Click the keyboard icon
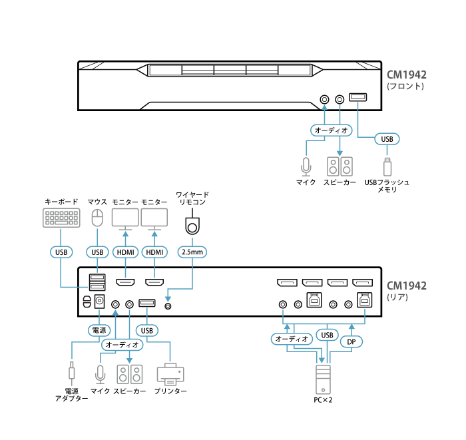click(61, 218)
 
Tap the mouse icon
click(97, 218)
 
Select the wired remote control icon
click(192, 226)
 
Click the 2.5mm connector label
click(192, 252)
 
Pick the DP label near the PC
click(351, 341)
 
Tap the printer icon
click(171, 375)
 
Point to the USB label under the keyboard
click(61, 252)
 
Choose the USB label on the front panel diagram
click(387, 139)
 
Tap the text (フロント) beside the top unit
click(405, 87)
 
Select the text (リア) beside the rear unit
click(397, 298)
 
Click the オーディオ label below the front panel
click(332, 130)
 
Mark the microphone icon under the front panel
click(306, 164)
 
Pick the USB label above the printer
click(147, 330)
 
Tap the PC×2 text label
click(323, 400)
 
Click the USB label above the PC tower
click(326, 335)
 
